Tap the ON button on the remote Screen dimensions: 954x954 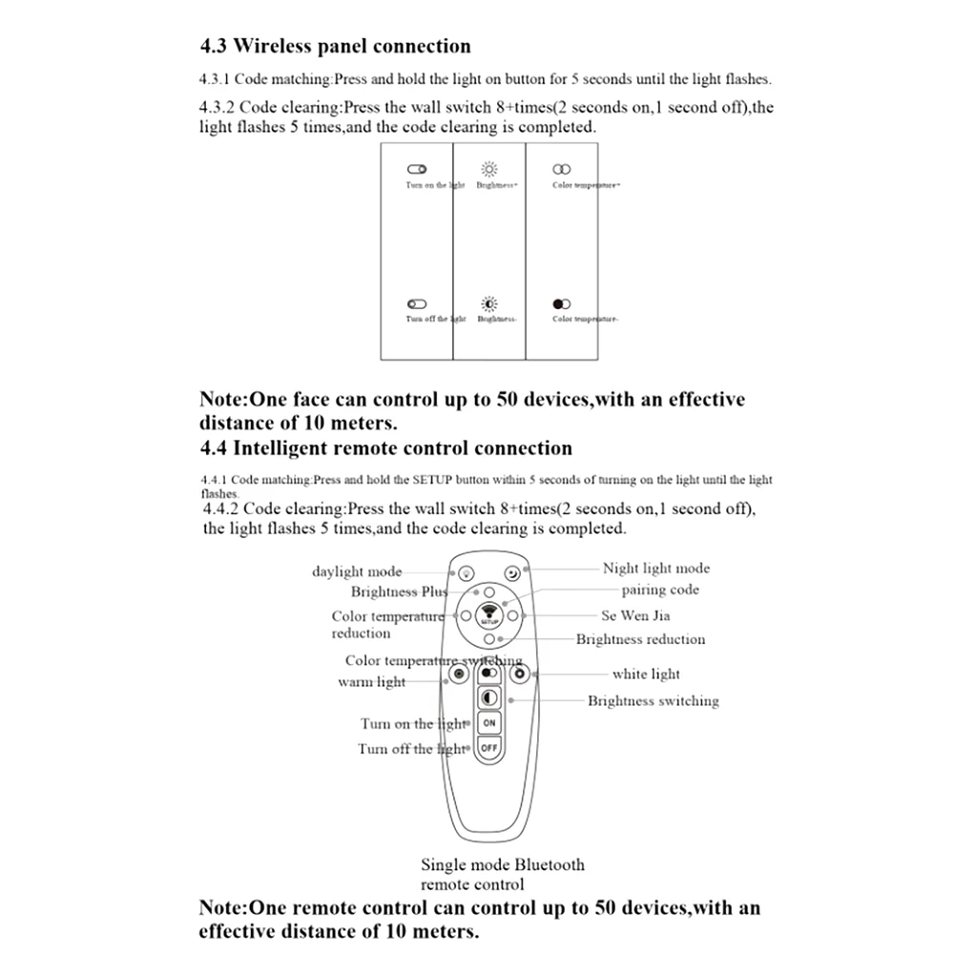[x=489, y=723]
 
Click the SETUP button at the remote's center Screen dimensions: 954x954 [x=488, y=614]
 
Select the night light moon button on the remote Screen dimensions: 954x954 [x=513, y=573]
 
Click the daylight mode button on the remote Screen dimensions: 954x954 [x=465, y=574]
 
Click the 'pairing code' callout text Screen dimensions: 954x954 [x=660, y=590]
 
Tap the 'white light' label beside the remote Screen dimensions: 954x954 [x=646, y=674]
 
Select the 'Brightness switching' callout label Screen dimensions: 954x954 [x=653, y=700]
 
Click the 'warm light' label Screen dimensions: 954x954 [x=371, y=681]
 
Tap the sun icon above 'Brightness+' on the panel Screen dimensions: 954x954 [x=488, y=169]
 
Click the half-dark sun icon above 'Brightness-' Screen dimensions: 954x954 [x=488, y=303]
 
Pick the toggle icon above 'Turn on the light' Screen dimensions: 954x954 [x=417, y=169]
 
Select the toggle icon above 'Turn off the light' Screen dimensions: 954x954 [x=417, y=303]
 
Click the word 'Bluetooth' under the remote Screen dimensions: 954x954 [x=550, y=865]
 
